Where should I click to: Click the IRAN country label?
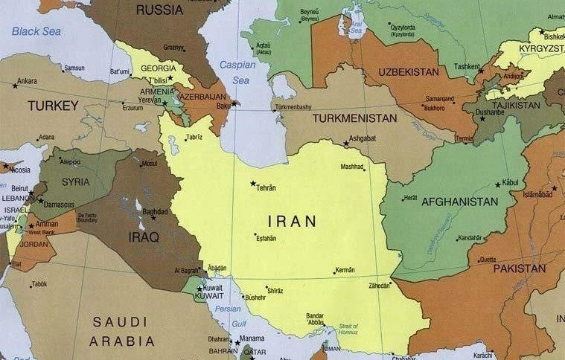(x=292, y=221)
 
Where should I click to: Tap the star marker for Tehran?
(x=253, y=183)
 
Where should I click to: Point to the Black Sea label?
(x=36, y=31)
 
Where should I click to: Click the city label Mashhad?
(x=352, y=167)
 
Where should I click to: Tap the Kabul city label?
(x=510, y=182)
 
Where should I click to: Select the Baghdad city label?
(x=155, y=211)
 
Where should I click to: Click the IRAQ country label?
(x=144, y=237)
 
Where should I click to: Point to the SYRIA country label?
(x=76, y=181)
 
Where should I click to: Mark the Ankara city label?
(x=27, y=81)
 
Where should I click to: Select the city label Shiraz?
(x=275, y=290)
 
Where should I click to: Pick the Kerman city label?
(x=345, y=270)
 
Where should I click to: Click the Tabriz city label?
(x=194, y=138)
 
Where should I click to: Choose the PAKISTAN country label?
(x=519, y=268)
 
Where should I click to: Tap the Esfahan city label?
(x=266, y=238)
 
